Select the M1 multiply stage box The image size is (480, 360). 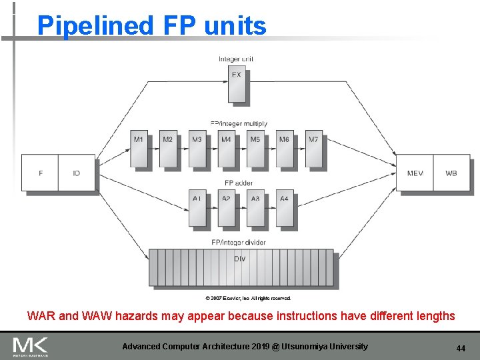point(139,148)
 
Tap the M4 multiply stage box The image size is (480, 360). point(227,148)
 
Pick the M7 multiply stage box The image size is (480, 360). point(314,148)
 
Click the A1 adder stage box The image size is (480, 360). point(197,207)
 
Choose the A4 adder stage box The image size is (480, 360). point(285,207)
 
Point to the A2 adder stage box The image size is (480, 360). point(227,207)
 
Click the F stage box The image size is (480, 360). point(40,173)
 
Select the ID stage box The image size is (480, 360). point(77,173)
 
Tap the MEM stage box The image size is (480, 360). point(415,173)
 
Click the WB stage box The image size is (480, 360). point(451,173)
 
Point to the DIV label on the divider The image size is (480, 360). point(240,259)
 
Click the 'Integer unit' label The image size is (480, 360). point(236,59)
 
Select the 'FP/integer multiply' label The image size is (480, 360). point(239,123)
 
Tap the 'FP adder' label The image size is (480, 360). point(239,183)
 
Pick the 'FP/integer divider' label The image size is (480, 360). point(238,242)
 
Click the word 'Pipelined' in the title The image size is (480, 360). point(95,25)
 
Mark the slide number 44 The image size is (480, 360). point(461,349)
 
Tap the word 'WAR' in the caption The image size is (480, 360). point(41,316)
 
